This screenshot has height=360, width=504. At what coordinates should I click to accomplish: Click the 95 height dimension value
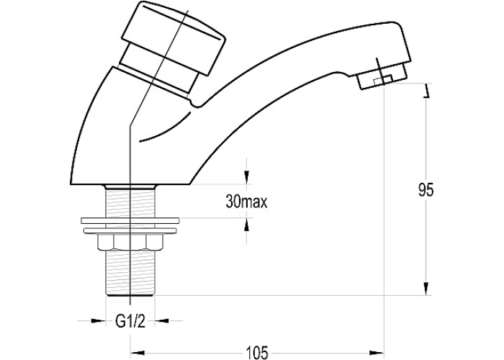click(x=426, y=189)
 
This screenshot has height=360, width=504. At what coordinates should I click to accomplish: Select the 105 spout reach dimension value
click(x=257, y=353)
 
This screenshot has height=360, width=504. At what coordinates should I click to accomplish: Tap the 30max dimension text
click(x=246, y=202)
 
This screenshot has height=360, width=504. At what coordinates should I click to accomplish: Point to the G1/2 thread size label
click(x=130, y=321)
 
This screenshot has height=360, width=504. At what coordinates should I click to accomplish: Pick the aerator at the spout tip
click(x=382, y=76)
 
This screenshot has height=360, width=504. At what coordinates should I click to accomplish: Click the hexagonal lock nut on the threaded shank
click(x=130, y=242)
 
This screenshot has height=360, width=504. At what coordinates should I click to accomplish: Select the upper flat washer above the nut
click(x=130, y=220)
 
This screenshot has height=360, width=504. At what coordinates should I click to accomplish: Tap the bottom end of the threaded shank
click(x=130, y=293)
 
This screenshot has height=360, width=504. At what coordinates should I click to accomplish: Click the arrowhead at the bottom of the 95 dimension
click(x=426, y=289)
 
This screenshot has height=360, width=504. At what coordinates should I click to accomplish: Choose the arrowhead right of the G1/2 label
click(x=162, y=320)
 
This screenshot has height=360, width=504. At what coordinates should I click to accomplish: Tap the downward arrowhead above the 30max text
click(x=246, y=177)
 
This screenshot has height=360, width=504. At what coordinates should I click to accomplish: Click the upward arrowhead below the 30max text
click(x=246, y=225)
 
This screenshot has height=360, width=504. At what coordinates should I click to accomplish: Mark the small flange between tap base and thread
click(x=130, y=187)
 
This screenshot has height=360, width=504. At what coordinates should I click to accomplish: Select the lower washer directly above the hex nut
click(x=130, y=231)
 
